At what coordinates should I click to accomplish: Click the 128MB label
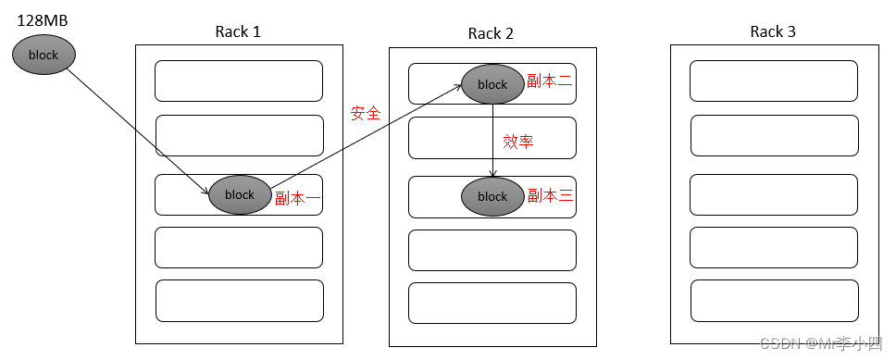coord(43,20)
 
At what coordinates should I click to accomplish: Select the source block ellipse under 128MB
coord(44,55)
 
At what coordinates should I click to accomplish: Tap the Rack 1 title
coord(238,31)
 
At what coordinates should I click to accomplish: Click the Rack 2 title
coord(491,33)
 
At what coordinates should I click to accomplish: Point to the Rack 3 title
coord(773,31)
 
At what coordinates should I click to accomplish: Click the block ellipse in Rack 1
coord(240,195)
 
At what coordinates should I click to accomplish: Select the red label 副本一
coord(298,199)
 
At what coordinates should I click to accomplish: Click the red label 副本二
coord(550,81)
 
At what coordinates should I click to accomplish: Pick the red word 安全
coord(366,113)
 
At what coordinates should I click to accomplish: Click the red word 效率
coord(518,142)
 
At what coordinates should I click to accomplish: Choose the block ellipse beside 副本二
coord(492,84)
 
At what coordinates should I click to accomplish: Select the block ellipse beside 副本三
coord(492,196)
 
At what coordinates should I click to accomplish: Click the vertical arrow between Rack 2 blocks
coord(492,141)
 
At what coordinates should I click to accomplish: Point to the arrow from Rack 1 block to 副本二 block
coord(366,136)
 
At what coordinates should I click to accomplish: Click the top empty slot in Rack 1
coord(239,81)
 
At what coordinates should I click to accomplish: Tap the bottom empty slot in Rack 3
coord(775,301)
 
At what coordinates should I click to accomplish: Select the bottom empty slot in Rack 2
coord(492,303)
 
